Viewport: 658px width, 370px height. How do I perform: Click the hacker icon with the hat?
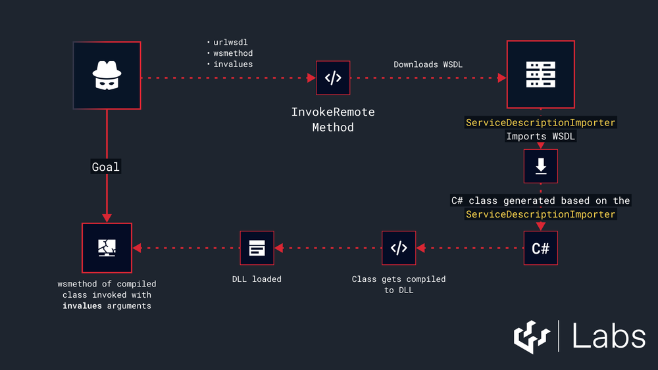[107, 75]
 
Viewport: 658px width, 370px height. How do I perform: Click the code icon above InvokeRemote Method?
[333, 78]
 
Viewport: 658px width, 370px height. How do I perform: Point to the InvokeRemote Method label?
[333, 120]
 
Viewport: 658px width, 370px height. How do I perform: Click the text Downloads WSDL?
[428, 64]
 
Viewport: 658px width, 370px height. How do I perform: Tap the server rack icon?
[540, 74]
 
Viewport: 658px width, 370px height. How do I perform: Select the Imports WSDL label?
[540, 137]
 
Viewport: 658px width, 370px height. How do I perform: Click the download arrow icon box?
[540, 166]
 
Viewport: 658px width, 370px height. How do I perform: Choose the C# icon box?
[540, 248]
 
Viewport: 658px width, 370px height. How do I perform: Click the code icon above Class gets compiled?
[399, 248]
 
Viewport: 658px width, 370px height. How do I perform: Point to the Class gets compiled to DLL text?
[399, 284]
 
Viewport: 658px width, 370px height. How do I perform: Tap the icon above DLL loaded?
[257, 248]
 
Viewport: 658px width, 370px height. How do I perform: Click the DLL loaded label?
[257, 279]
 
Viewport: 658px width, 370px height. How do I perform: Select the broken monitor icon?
[107, 248]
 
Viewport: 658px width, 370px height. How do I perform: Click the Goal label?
[106, 167]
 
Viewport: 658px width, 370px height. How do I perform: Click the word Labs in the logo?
[608, 336]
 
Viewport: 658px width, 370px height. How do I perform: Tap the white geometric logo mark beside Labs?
[532, 336]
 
